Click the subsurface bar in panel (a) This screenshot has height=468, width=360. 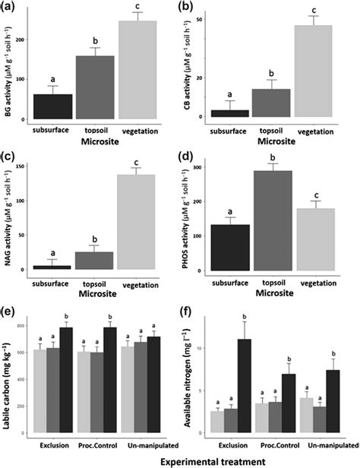[52, 106]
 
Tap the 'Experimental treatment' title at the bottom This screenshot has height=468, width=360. [180, 460]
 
